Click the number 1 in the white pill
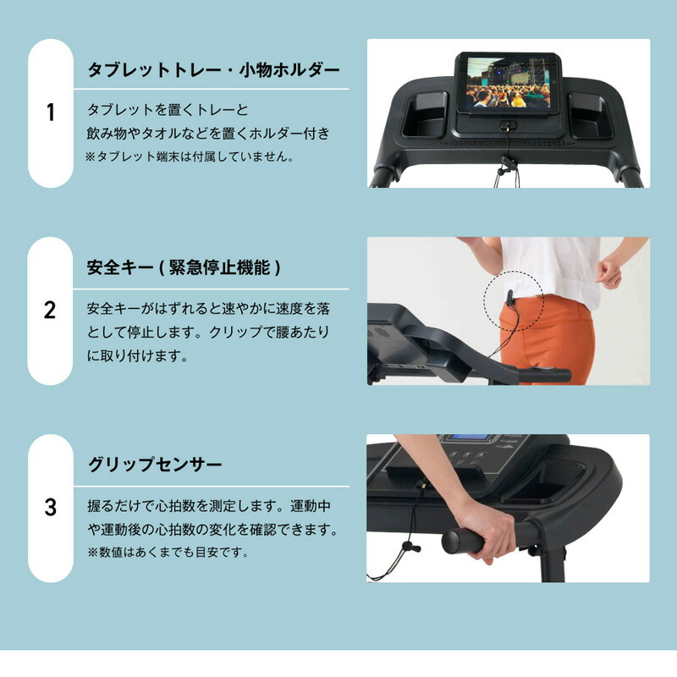[51, 113]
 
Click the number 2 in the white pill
[50, 310]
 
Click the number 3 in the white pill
[51, 507]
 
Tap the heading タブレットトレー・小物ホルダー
[214, 70]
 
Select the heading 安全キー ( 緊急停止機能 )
[184, 267]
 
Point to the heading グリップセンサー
[155, 465]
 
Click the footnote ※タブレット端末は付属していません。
[190, 157]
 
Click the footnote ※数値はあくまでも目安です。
[168, 553]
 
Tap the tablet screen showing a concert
[509, 83]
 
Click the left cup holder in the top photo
[425, 116]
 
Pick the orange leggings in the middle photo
[546, 339]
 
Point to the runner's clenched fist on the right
[609, 272]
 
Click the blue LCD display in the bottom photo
[469, 438]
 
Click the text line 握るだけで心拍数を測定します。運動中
[209, 505]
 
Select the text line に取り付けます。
[138, 355]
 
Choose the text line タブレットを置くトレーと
[168, 110]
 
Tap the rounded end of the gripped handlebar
[449, 542]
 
